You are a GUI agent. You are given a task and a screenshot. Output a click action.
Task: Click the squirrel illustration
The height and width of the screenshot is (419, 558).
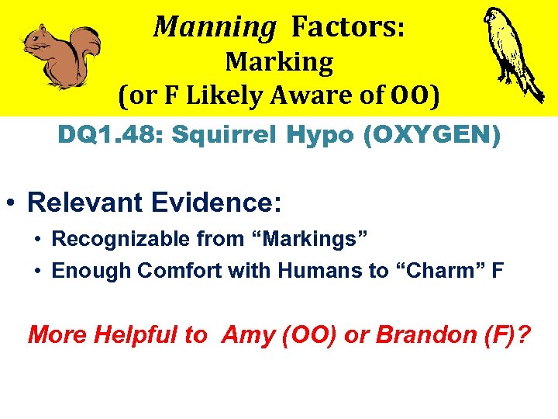(x=60, y=56)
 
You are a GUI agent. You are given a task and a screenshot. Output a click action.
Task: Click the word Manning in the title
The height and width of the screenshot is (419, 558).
(x=214, y=26)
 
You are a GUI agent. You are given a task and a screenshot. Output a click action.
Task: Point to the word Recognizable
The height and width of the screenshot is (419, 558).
(x=112, y=239)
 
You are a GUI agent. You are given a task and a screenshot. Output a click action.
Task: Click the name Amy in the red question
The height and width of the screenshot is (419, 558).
(x=242, y=335)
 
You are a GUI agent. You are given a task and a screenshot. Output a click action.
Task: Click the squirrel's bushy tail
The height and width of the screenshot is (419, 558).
(x=88, y=48)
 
